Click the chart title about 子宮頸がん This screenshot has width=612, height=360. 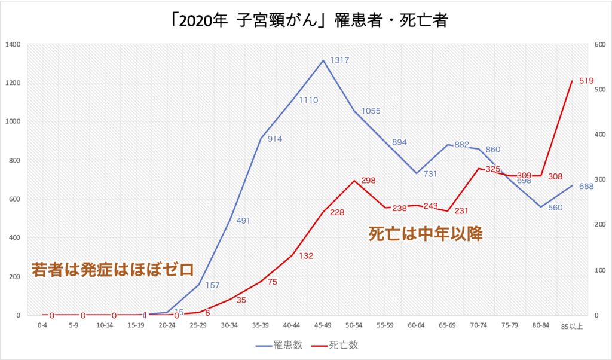click(x=305, y=22)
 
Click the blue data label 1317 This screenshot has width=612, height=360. click(x=339, y=60)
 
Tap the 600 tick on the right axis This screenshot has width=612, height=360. click(x=598, y=45)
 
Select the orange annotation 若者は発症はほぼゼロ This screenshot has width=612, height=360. click(x=112, y=270)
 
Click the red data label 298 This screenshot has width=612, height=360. click(x=369, y=181)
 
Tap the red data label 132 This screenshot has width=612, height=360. click(x=306, y=256)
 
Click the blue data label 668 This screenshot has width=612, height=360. click(x=586, y=186)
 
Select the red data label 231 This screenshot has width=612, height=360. click(x=462, y=211)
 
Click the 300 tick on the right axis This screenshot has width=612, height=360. click(x=598, y=180)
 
